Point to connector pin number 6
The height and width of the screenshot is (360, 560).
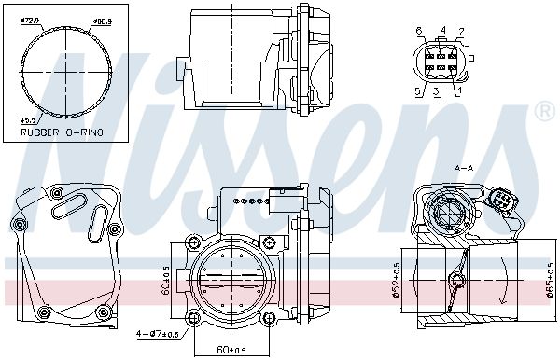[x=419, y=31]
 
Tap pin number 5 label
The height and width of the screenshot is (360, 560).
[x=419, y=90]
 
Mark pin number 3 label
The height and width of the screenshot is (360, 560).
[x=436, y=90]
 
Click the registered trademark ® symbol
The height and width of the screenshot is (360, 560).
[x=543, y=113]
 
